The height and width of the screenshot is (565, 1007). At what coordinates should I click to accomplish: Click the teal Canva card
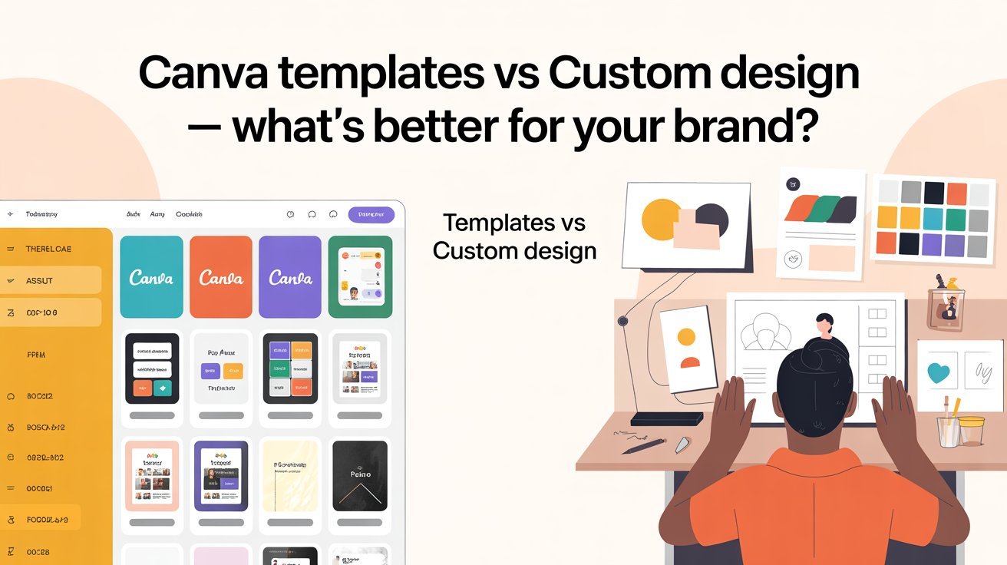tap(151, 276)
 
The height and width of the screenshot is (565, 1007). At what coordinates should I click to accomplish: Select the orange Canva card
tap(220, 276)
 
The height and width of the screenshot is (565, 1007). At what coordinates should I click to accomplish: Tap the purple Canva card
tap(289, 276)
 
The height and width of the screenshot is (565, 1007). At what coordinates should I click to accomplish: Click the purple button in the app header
tap(371, 215)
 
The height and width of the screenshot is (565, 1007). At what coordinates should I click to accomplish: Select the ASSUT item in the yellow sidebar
tap(50, 280)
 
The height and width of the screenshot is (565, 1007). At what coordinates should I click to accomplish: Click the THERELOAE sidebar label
tap(48, 249)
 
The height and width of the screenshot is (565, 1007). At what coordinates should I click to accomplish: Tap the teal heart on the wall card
tap(939, 374)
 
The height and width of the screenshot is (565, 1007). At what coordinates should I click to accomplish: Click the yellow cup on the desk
tap(971, 431)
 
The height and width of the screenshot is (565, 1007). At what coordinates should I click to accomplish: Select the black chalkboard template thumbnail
tap(359, 476)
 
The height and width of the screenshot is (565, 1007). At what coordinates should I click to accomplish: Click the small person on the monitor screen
tap(824, 325)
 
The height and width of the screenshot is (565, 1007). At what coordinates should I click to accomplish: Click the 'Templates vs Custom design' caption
tap(514, 236)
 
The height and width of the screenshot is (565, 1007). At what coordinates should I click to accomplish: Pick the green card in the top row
tap(360, 276)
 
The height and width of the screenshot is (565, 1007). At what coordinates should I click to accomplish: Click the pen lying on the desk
tap(643, 446)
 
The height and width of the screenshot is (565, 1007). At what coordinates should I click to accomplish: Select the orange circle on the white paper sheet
tap(686, 337)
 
